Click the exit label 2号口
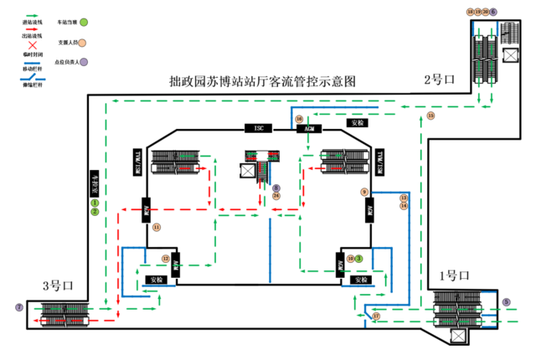(x=439, y=80)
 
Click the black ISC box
(x=259, y=127)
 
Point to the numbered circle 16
(x=298, y=120)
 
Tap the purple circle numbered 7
(x=18, y=308)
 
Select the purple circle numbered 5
(x=506, y=302)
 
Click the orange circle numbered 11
(x=156, y=227)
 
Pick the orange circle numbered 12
(x=165, y=258)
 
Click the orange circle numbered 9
(x=364, y=192)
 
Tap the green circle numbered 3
(x=358, y=258)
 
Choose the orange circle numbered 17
(x=376, y=316)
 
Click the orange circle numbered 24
(x=276, y=196)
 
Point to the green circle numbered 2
(x=95, y=212)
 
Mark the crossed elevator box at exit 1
(x=457, y=335)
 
